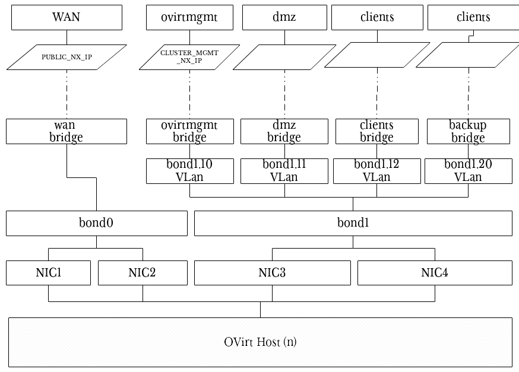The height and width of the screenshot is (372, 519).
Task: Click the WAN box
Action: click(67, 18)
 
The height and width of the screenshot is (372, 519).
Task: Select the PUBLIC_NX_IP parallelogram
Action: click(67, 57)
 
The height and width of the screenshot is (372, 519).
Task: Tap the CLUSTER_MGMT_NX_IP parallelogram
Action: click(189, 57)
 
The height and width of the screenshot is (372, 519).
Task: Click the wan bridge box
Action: click(67, 131)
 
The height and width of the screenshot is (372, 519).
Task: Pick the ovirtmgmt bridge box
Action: click(189, 131)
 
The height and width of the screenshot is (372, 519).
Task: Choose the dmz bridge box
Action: click(284, 131)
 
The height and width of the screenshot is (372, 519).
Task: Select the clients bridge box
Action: click(376, 131)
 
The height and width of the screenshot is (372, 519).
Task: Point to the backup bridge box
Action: click(468, 131)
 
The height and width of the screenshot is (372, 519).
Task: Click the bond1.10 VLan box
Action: click(189, 170)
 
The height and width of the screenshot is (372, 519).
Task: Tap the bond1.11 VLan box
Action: click(284, 170)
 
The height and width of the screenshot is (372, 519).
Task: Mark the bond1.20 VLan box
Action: click(468, 170)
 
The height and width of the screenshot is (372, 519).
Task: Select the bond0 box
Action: click(96, 223)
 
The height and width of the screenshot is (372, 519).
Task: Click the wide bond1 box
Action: click(353, 223)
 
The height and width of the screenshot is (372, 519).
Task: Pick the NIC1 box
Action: click(48, 273)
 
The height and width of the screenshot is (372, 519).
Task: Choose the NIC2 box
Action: click(142, 273)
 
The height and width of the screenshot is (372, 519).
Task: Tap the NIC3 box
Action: click(272, 273)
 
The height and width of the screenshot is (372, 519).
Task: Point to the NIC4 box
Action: click(435, 273)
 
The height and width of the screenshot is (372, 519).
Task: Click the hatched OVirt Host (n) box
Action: click(260, 342)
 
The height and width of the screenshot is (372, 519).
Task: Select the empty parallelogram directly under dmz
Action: click(284, 57)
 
